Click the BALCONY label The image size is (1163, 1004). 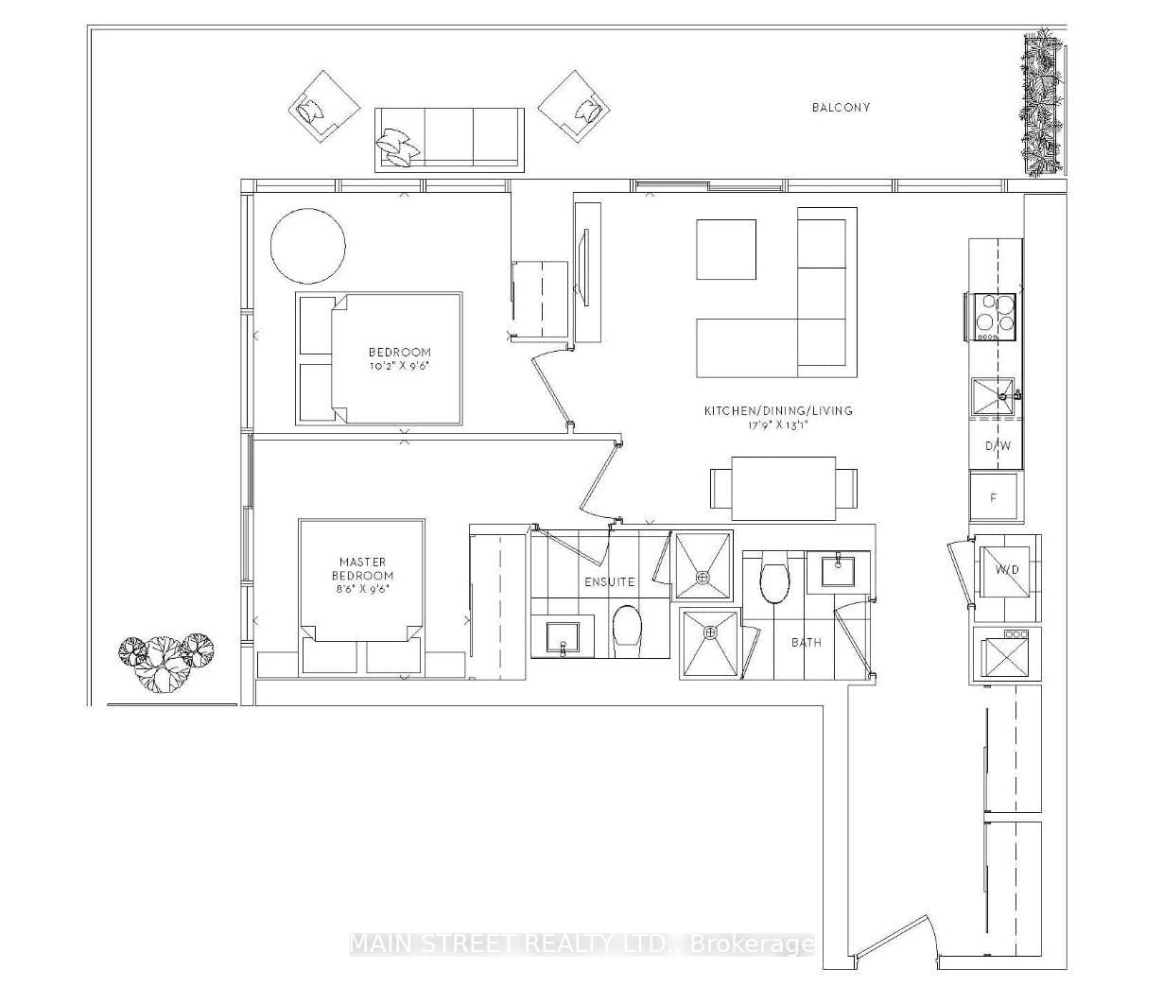click(x=841, y=107)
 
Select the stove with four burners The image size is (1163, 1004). click(x=991, y=317)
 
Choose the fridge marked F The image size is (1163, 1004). click(x=993, y=497)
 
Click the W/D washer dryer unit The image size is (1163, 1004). click(x=1007, y=571)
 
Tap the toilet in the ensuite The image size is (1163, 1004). click(x=627, y=632)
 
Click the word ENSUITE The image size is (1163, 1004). click(x=609, y=581)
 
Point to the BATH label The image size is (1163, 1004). click(x=807, y=642)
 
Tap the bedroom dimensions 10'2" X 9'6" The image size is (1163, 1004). click(x=399, y=366)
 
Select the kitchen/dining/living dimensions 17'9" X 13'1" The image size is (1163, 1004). click(x=778, y=425)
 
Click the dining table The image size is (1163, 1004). click(x=784, y=488)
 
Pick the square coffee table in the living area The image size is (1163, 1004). click(x=726, y=250)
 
